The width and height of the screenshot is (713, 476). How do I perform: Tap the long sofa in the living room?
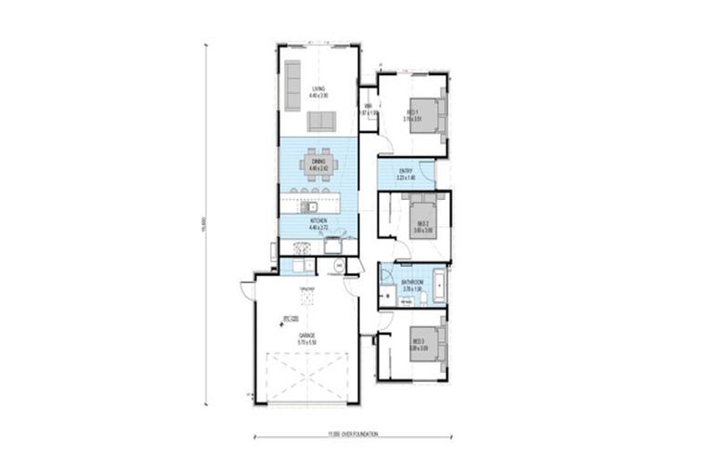click(292, 76)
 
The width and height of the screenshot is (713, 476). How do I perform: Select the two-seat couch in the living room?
click(323, 122)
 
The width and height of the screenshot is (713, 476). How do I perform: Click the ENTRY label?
click(406, 172)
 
